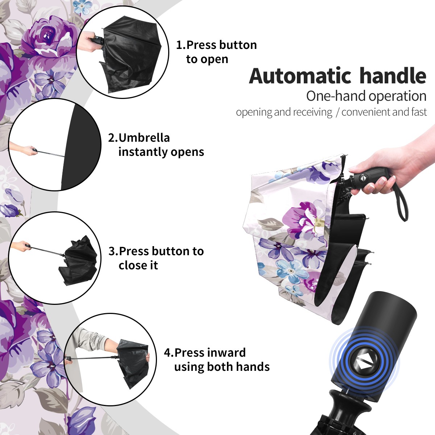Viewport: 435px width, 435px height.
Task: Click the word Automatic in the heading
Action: [300, 76]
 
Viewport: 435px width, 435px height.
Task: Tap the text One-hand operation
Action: [366, 96]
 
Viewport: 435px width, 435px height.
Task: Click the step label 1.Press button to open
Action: [216, 52]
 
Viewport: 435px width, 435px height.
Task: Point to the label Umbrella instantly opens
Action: [156, 145]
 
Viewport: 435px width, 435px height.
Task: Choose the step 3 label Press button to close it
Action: [156, 258]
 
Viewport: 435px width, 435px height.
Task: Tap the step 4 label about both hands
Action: [217, 360]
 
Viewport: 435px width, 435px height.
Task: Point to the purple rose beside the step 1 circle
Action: [51, 38]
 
